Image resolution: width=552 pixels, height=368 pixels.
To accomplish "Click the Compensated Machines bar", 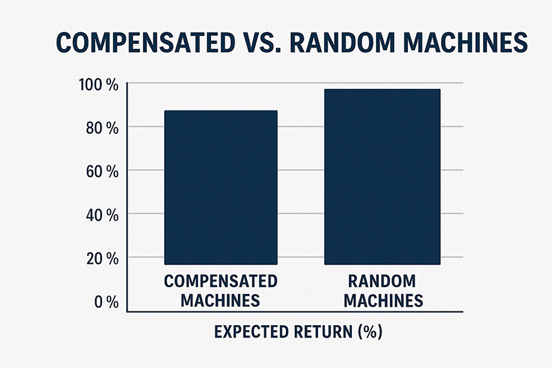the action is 221,187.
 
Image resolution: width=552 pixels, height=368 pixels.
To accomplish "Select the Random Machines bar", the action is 382,177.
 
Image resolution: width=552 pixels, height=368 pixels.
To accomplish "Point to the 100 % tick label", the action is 99,85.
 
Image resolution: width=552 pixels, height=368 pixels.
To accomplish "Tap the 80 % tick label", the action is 102,128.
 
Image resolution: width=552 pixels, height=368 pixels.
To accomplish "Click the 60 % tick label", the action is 102,172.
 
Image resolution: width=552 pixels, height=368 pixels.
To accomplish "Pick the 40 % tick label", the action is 102,215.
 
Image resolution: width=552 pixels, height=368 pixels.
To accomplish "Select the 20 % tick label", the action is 102,259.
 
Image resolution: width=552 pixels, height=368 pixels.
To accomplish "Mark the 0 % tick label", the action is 106,302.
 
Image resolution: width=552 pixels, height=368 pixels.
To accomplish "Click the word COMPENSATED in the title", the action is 146,43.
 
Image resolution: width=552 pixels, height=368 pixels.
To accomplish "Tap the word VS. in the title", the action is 262,43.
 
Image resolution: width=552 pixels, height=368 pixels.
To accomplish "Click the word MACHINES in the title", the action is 465,43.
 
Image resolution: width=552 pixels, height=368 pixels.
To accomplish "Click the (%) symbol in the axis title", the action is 370,331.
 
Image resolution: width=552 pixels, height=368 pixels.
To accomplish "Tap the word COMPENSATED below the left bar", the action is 221,281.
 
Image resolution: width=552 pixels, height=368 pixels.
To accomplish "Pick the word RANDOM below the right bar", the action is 382,281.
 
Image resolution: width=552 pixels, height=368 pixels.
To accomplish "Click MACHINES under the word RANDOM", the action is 384,301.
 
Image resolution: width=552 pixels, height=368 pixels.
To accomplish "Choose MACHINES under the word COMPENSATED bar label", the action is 220,301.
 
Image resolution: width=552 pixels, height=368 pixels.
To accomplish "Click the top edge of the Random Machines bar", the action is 382,89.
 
